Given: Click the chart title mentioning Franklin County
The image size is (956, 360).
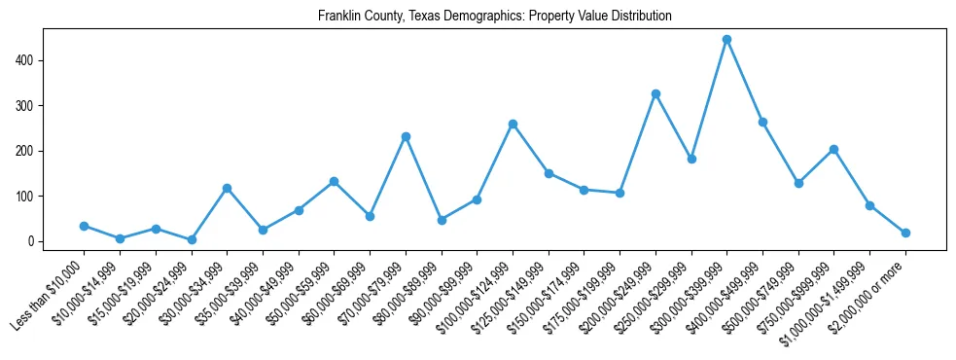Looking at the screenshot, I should pyautogui.click(x=494, y=17).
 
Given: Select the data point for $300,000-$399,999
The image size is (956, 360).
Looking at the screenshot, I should pyautogui.click(x=726, y=40).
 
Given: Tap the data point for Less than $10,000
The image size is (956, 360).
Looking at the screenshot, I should pyautogui.click(x=84, y=226).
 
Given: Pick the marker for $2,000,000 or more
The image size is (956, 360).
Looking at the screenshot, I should pyautogui.click(x=905, y=233).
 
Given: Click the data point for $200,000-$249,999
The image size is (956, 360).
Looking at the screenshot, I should pyautogui.click(x=655, y=93).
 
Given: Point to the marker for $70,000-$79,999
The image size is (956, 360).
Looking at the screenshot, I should pyautogui.click(x=406, y=136).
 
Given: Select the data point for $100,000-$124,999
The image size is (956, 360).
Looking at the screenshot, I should pyautogui.click(x=513, y=124).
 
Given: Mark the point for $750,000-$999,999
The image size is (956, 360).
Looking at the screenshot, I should pyautogui.click(x=833, y=149).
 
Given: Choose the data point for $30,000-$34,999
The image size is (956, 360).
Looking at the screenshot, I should pyautogui.click(x=227, y=188).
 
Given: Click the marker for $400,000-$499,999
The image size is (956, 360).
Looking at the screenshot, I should pyautogui.click(x=762, y=122).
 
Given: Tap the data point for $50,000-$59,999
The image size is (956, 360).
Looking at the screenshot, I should pyautogui.click(x=334, y=181).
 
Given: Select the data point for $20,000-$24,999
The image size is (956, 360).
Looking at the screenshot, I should pyautogui.click(x=191, y=239).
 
